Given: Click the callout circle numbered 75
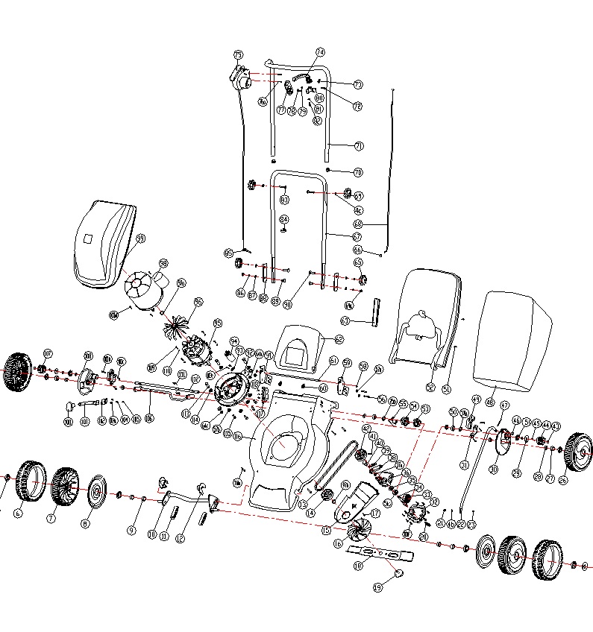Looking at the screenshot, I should point(239,55).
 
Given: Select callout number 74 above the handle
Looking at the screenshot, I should point(321,52).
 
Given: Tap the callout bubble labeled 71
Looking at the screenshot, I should point(359,146).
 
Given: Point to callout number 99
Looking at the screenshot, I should point(140,238).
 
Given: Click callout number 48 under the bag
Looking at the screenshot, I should point(490,402).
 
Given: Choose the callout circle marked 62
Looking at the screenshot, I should point(339,340).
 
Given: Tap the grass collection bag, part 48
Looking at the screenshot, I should point(518,339).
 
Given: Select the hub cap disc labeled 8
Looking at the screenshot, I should point(95,493).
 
